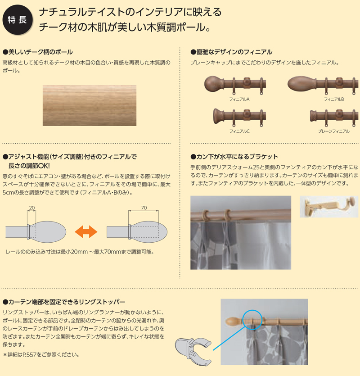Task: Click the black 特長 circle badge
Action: pos(17,20)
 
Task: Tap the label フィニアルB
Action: pos(333,99)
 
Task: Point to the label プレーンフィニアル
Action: pos(333,131)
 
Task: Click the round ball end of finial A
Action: pos(212,83)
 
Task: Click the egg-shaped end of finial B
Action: pos(299,83)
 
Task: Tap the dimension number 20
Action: pos(31,208)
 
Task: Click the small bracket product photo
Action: pos(328,207)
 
